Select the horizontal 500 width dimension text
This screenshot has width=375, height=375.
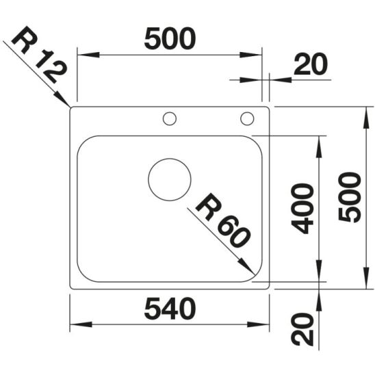pyautogui.click(x=170, y=40)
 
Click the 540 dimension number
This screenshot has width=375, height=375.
pyautogui.click(x=170, y=309)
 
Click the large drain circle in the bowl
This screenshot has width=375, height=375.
pyautogui.click(x=170, y=179)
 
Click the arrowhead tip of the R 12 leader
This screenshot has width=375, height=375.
pyautogui.click(x=70, y=107)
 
